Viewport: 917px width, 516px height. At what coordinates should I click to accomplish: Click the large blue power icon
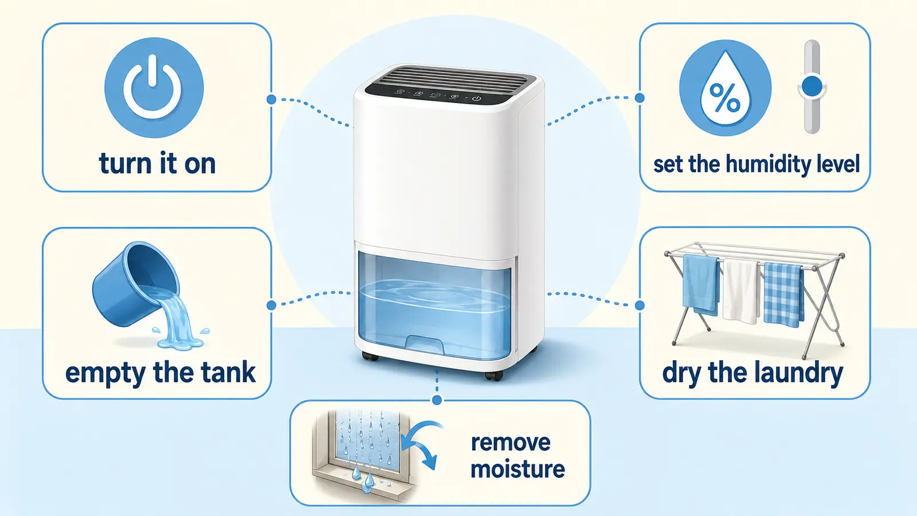pyautogui.click(x=154, y=88)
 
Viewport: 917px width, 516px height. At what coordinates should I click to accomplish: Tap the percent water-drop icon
pyautogui.click(x=725, y=88)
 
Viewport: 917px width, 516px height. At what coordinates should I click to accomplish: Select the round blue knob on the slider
pyautogui.click(x=812, y=87)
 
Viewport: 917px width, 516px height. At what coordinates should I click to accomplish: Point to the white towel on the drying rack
pyautogui.click(x=741, y=291)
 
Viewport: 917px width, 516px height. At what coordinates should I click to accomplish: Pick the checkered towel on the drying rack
pyautogui.click(x=783, y=295)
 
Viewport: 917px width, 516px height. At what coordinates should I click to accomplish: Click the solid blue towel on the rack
pyautogui.click(x=701, y=284)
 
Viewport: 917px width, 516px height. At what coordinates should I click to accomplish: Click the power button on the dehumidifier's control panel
pyautogui.click(x=476, y=98)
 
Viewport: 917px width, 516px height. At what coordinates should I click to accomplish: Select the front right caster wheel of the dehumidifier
pyautogui.click(x=493, y=375)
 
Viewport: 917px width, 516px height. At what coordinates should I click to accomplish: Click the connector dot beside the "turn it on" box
pyautogui.click(x=271, y=99)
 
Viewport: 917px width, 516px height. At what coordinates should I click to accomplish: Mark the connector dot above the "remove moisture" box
pyautogui.click(x=437, y=400)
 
